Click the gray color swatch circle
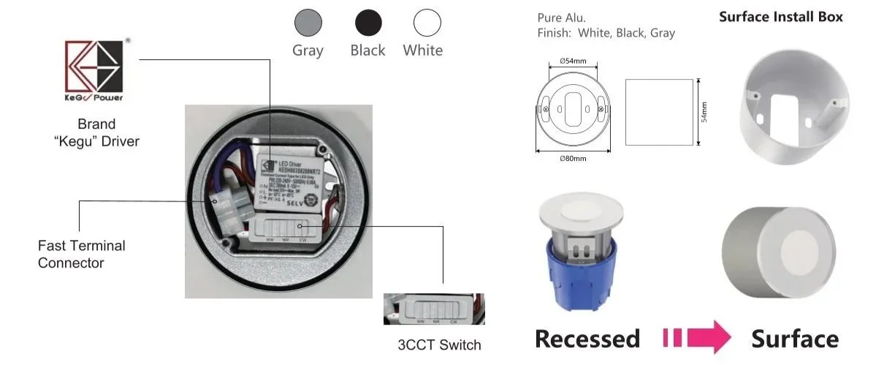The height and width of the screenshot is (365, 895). point(308,23)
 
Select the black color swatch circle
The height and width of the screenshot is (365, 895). point(367,23)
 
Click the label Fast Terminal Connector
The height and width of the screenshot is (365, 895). point(82,254)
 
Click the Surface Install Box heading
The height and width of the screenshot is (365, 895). point(780,17)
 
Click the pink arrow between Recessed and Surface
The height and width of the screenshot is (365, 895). point(698,338)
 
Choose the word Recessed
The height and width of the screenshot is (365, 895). point(587,339)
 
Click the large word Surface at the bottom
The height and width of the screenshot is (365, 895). point(795,339)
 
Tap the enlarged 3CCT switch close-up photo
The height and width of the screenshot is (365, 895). point(434,309)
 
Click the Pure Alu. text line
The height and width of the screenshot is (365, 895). point(561,17)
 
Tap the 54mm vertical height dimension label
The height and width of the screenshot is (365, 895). point(704,112)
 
